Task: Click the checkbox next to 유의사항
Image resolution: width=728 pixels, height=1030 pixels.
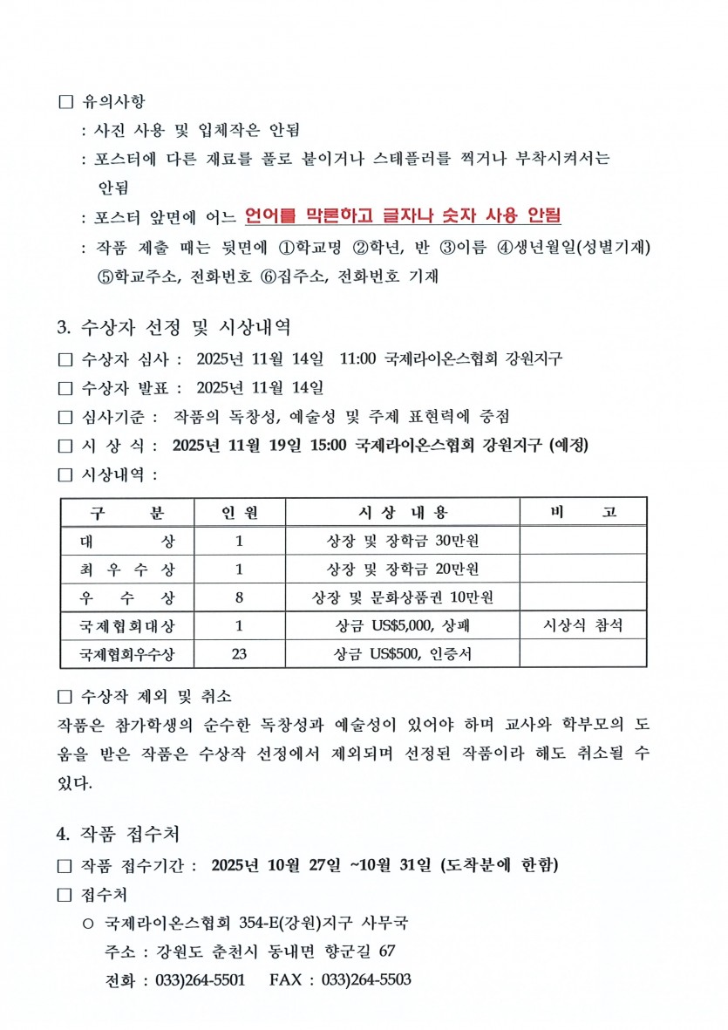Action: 65,103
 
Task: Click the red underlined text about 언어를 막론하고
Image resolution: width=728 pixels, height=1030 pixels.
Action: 403,215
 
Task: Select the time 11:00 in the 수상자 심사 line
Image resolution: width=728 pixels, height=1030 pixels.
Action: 357,358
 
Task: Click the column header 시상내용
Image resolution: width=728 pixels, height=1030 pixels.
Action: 403,512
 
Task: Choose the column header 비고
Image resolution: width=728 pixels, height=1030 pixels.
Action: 583,512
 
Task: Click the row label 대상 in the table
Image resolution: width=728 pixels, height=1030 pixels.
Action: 127,541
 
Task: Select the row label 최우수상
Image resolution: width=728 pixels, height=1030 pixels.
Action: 127,570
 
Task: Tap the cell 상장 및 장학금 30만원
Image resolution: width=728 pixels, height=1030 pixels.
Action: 403,541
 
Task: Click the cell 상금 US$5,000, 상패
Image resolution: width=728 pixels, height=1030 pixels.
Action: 403,625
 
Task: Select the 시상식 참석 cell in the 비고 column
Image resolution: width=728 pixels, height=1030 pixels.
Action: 583,625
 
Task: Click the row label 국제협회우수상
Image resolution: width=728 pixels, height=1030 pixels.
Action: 127,653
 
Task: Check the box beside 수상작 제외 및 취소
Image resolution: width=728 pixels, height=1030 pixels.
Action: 65,697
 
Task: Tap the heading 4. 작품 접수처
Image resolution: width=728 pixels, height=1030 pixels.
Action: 118,834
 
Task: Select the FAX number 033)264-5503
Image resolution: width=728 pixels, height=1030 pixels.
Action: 366,979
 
